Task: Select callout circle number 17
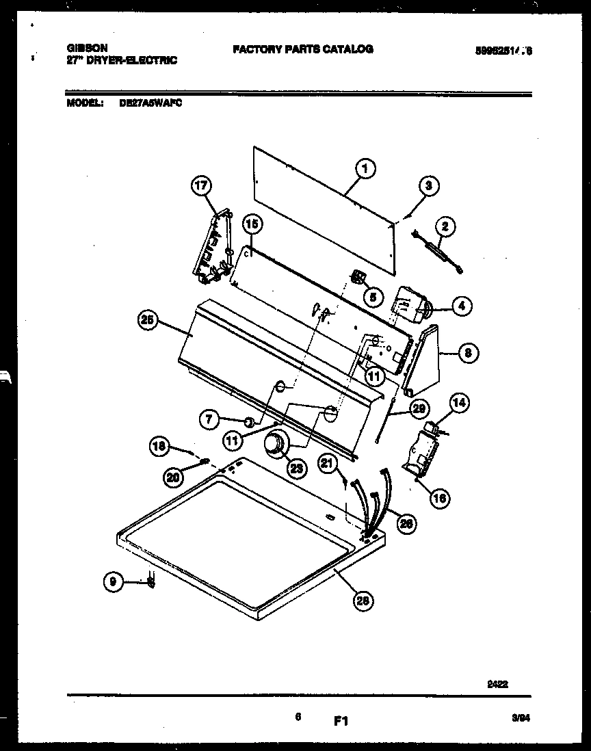pyautogui.click(x=202, y=185)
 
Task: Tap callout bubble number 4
pyautogui.click(x=460, y=307)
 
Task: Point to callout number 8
pyautogui.click(x=467, y=353)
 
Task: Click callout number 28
pyautogui.click(x=364, y=601)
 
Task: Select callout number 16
pyautogui.click(x=440, y=498)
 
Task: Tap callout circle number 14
pyautogui.click(x=459, y=403)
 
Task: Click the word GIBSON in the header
pyautogui.click(x=87, y=49)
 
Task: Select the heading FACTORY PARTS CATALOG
pyautogui.click(x=302, y=49)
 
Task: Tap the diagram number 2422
pyautogui.click(x=498, y=682)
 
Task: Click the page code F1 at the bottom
pyautogui.click(x=342, y=721)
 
